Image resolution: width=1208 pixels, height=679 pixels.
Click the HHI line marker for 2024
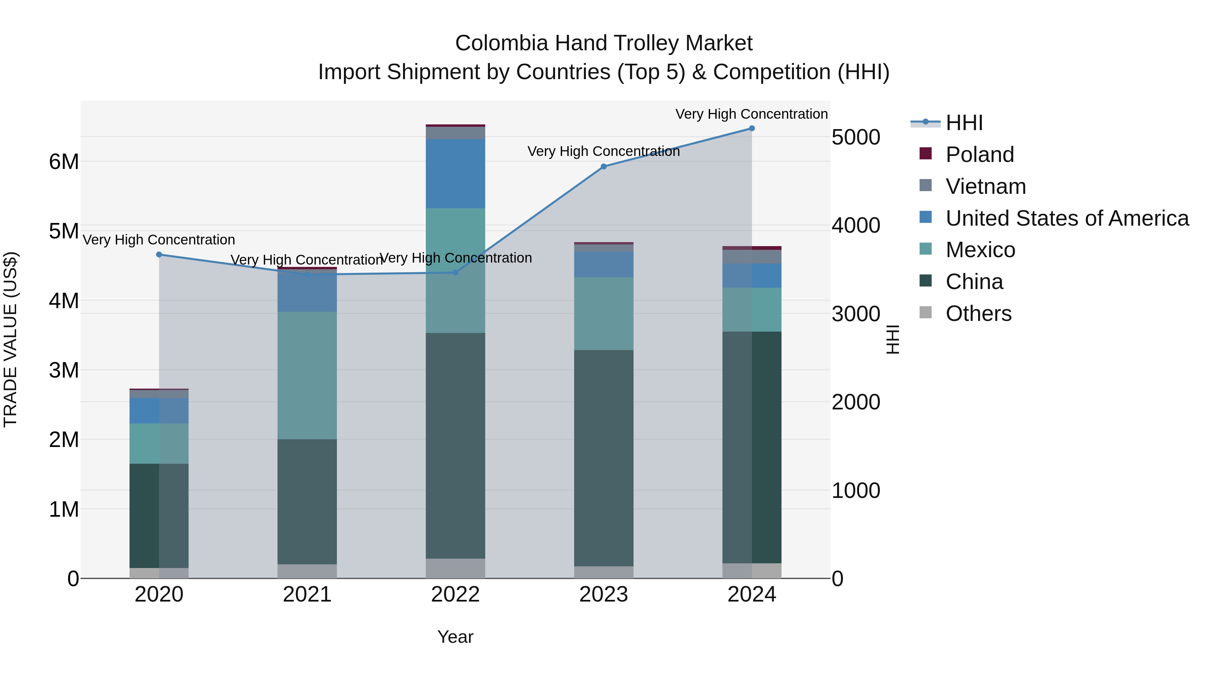752,128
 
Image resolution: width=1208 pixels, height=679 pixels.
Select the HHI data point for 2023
604,167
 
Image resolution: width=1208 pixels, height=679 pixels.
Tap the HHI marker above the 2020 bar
159,255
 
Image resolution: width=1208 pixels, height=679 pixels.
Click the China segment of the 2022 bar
455,445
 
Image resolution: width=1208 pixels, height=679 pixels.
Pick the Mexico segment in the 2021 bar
307,375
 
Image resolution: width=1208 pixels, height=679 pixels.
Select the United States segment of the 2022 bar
455,173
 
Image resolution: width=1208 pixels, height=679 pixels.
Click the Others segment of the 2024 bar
752,570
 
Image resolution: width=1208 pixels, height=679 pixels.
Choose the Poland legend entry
979,155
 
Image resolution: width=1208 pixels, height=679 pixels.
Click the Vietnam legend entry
985,186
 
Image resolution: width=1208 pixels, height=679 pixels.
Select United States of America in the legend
1067,218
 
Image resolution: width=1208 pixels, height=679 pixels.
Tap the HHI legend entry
964,123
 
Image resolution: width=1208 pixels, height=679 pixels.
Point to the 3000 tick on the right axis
856,314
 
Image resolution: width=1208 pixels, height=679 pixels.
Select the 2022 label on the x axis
455,595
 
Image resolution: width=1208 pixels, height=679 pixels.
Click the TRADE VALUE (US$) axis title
10,339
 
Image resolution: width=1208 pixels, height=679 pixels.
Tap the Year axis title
455,637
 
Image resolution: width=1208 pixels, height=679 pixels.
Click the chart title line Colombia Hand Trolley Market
604,43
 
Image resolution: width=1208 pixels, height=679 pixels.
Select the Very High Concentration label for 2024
751,114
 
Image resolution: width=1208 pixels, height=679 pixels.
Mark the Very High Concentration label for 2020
159,240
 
